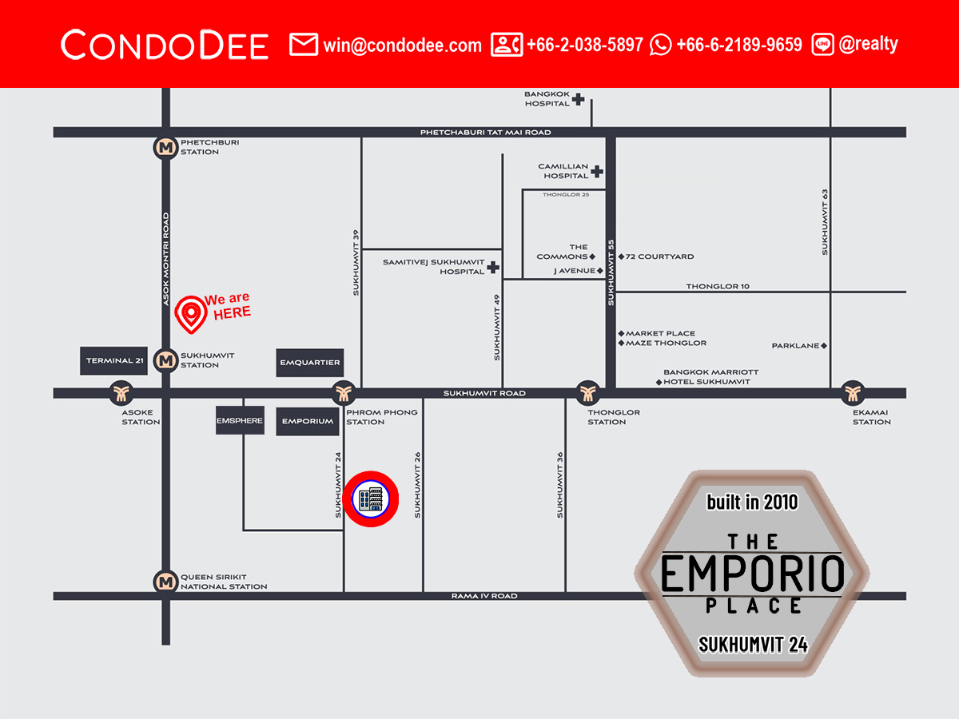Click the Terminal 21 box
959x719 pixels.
115,361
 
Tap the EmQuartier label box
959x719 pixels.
310,363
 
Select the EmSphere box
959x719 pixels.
240,420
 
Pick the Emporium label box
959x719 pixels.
308,421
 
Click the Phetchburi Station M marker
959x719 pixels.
165,147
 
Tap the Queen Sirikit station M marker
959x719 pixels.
165,582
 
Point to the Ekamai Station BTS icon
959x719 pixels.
852,392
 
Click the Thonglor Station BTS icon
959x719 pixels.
588,392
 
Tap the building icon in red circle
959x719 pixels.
370,499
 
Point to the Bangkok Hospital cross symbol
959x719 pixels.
578,99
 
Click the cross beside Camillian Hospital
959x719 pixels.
597,171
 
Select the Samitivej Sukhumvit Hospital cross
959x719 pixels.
493,267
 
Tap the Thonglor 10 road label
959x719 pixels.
718,286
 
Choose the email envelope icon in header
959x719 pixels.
304,45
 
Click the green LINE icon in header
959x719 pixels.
822,45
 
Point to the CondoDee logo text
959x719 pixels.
165,45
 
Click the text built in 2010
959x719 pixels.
752,503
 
